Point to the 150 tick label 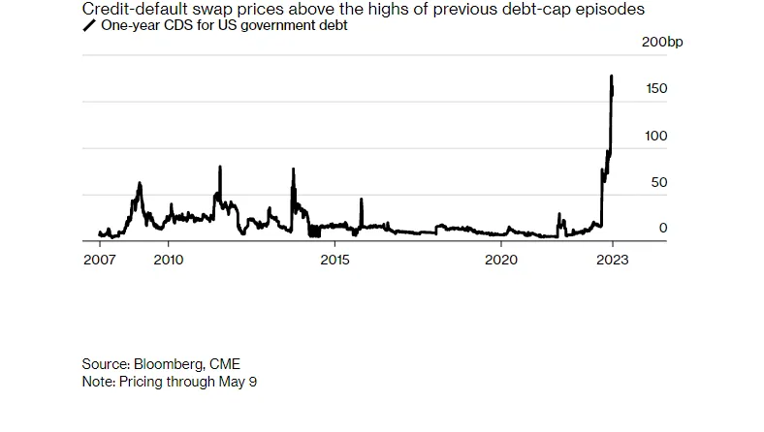[656, 89]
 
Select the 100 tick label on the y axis [656, 136]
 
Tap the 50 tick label [660, 182]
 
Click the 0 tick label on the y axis [663, 229]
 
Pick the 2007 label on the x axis [100, 261]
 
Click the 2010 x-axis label [169, 261]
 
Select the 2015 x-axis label [334, 261]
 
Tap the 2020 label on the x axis [500, 261]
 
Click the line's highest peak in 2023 [611, 76]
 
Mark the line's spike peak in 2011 [220, 167]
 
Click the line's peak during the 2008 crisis [140, 182]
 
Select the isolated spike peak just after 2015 [361, 200]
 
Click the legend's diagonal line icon [89, 26]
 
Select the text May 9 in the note [237, 382]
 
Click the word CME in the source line [225, 364]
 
